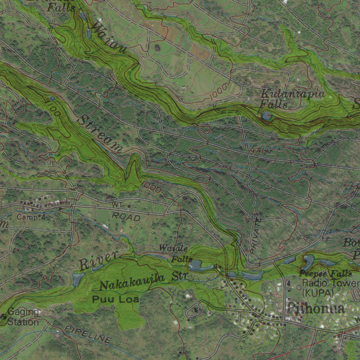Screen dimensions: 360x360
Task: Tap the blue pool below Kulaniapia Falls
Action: (266, 115)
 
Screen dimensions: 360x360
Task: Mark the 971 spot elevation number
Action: (257, 151)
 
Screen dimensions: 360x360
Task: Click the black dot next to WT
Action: (129, 206)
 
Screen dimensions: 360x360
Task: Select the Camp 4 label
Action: (31, 217)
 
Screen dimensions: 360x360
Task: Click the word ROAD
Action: (126, 217)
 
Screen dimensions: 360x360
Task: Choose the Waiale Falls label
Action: (175, 253)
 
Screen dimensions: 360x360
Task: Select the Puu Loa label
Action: (116, 300)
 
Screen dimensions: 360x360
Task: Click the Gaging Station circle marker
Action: (4, 316)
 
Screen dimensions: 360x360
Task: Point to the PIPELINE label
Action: (88, 334)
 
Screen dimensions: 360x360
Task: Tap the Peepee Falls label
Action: (326, 274)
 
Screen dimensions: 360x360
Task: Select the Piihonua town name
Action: (315, 309)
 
